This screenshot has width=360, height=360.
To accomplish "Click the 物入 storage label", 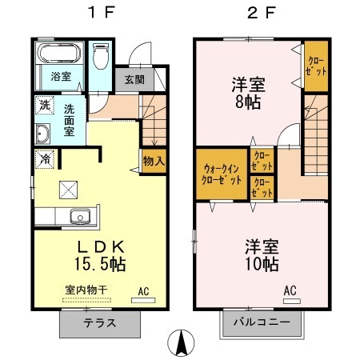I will (x=154, y=160).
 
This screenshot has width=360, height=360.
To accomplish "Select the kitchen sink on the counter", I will (x=79, y=216).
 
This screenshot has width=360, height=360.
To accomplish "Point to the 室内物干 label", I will (x=85, y=290).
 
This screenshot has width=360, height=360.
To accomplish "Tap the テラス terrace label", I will (x=100, y=324).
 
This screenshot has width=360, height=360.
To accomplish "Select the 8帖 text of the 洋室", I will (x=248, y=102).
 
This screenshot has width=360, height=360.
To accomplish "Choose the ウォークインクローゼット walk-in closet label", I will (x=219, y=174).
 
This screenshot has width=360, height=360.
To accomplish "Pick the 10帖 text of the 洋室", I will (x=262, y=262).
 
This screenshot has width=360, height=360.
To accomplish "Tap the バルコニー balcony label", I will (x=262, y=324).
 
